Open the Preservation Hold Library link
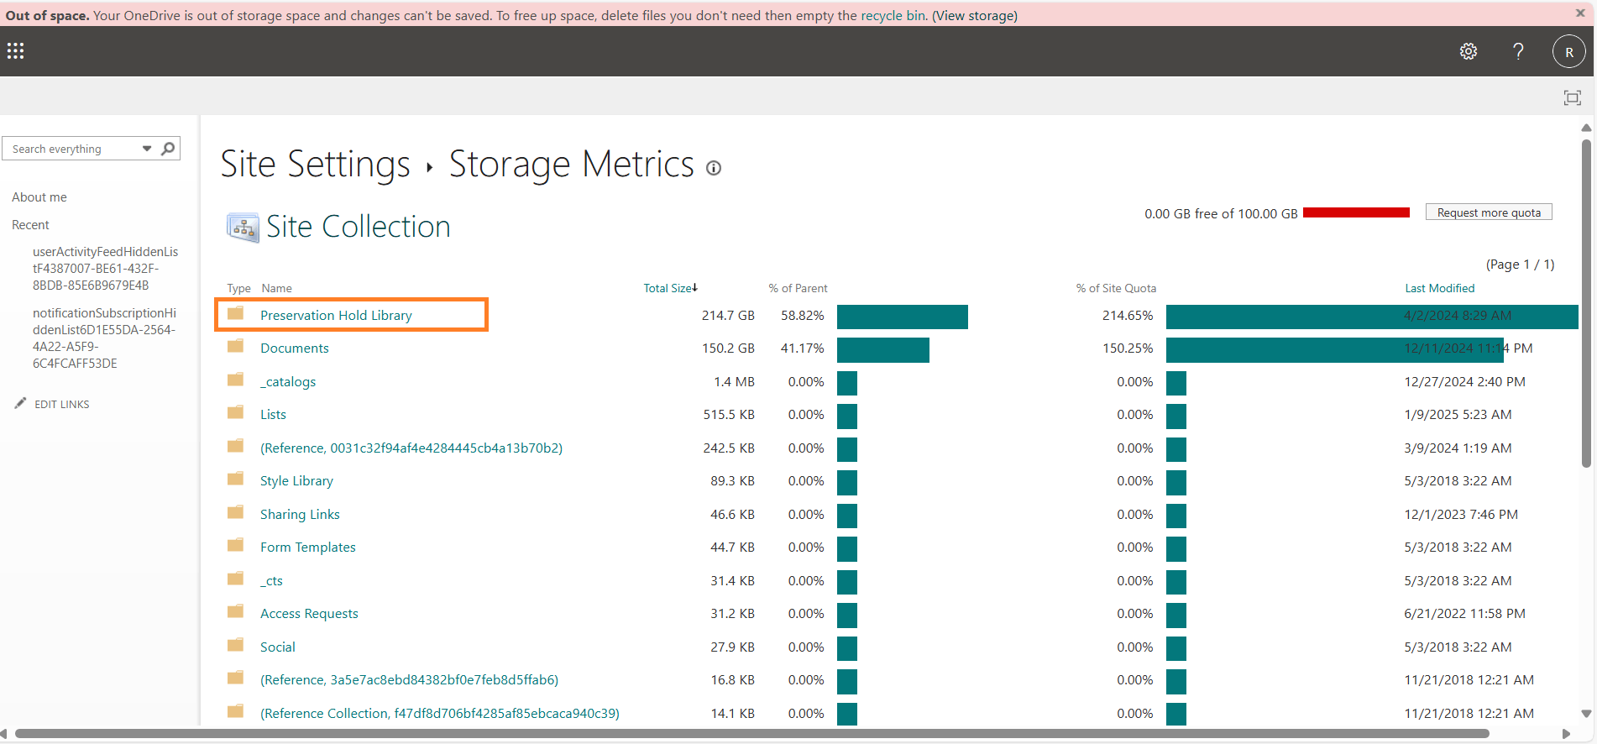coord(336,316)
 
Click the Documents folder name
coord(294,348)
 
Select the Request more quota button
coord(1488,212)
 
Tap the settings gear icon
coord(1468,51)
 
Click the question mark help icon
coord(1518,51)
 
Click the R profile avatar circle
coord(1568,51)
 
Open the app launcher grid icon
coord(16,51)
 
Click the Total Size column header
coord(669,288)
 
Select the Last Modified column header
coord(1439,288)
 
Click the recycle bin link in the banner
coord(893,16)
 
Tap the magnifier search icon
coord(168,149)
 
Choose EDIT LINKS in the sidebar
coord(61,404)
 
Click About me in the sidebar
coord(39,197)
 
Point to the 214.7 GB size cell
coord(728,316)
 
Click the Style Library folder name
coord(296,481)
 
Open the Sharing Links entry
coord(300,515)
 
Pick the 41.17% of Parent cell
coord(802,348)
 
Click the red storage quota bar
coord(1356,212)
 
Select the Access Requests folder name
coord(309,614)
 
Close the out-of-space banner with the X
coord(1579,13)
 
